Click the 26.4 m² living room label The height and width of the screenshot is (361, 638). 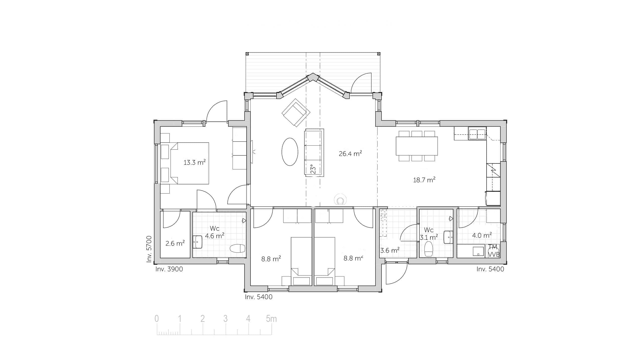click(x=350, y=153)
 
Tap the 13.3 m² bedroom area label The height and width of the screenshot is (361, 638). click(x=194, y=162)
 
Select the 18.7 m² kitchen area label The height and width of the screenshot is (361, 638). click(x=424, y=180)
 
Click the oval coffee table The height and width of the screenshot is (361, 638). click(x=290, y=152)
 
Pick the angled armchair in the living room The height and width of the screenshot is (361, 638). click(x=296, y=113)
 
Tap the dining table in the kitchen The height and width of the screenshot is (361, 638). click(x=417, y=146)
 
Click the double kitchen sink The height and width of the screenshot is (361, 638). click(x=477, y=133)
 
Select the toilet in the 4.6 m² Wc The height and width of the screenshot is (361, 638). click(x=237, y=248)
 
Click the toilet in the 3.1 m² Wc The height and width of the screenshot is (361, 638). click(x=429, y=249)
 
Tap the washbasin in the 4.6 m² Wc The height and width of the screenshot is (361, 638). click(x=197, y=242)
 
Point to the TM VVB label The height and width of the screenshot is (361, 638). click(x=493, y=251)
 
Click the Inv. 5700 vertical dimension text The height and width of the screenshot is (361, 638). click(x=149, y=249)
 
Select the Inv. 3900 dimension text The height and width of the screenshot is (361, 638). click(x=169, y=269)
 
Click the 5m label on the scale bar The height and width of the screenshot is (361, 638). click(x=271, y=319)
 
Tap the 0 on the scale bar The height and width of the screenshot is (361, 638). click(x=157, y=319)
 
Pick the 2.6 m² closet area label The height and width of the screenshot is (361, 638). click(x=175, y=243)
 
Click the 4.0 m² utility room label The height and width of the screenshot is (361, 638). click(x=482, y=235)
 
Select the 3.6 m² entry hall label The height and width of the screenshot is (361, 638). click(x=390, y=250)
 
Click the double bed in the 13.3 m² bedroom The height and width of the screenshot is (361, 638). click(x=190, y=163)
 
